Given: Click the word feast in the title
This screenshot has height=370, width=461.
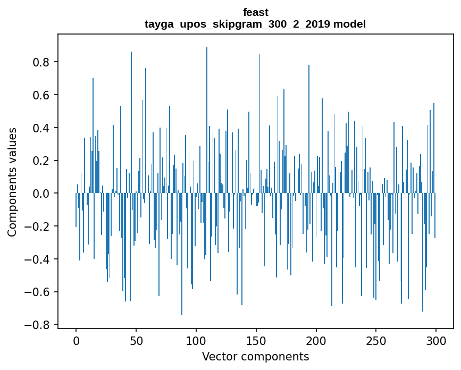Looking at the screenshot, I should pos(256,12).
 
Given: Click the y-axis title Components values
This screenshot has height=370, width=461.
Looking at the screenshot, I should pos(12,182).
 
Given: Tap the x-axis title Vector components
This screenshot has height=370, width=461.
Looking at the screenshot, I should pos(255,356).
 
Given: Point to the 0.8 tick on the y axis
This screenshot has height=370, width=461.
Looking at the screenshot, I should pos(42,62).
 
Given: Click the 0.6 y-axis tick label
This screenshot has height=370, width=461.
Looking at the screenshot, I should pos(42,95).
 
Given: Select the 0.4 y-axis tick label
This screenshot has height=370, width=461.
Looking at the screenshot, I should pos(42,128).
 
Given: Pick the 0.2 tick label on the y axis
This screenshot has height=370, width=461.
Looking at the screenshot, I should pos(42,161).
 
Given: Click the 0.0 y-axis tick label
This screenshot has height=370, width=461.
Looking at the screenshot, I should pos(42,194).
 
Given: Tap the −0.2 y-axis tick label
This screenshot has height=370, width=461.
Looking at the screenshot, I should pos(38,226).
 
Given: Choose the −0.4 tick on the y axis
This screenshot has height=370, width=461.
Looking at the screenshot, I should pos(38,259).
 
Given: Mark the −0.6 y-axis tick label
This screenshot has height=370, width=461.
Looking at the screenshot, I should pos(38,292).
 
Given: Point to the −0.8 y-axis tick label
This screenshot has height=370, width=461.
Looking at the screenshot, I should pos(38,325).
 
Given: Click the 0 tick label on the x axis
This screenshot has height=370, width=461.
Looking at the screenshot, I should pos(76,340).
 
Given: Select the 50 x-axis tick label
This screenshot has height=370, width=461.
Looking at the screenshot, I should pos(136,340).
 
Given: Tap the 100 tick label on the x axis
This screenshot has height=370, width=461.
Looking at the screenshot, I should pos(196,340).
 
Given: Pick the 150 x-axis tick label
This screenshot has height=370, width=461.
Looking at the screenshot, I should pos(256,340).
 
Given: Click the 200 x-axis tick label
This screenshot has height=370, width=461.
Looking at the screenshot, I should pos(316,340).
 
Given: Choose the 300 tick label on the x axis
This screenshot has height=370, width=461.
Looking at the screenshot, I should pos(436,340).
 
